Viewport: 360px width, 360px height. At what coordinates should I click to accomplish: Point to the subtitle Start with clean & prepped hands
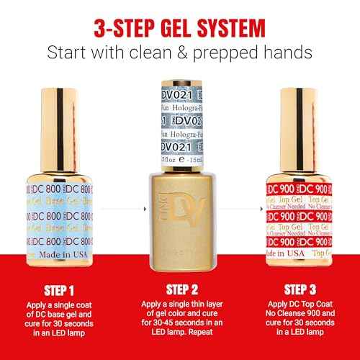(179, 53)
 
